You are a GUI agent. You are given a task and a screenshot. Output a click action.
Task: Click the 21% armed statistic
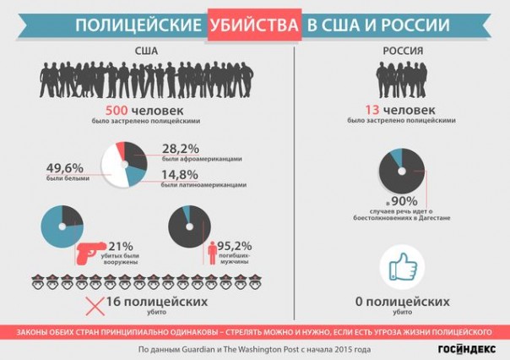pos(122,247)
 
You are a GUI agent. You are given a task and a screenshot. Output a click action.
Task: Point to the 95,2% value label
pos(234,247)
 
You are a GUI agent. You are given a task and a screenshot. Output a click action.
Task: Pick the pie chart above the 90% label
pos(402,167)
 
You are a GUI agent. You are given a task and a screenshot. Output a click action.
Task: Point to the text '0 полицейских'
pos(403,301)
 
